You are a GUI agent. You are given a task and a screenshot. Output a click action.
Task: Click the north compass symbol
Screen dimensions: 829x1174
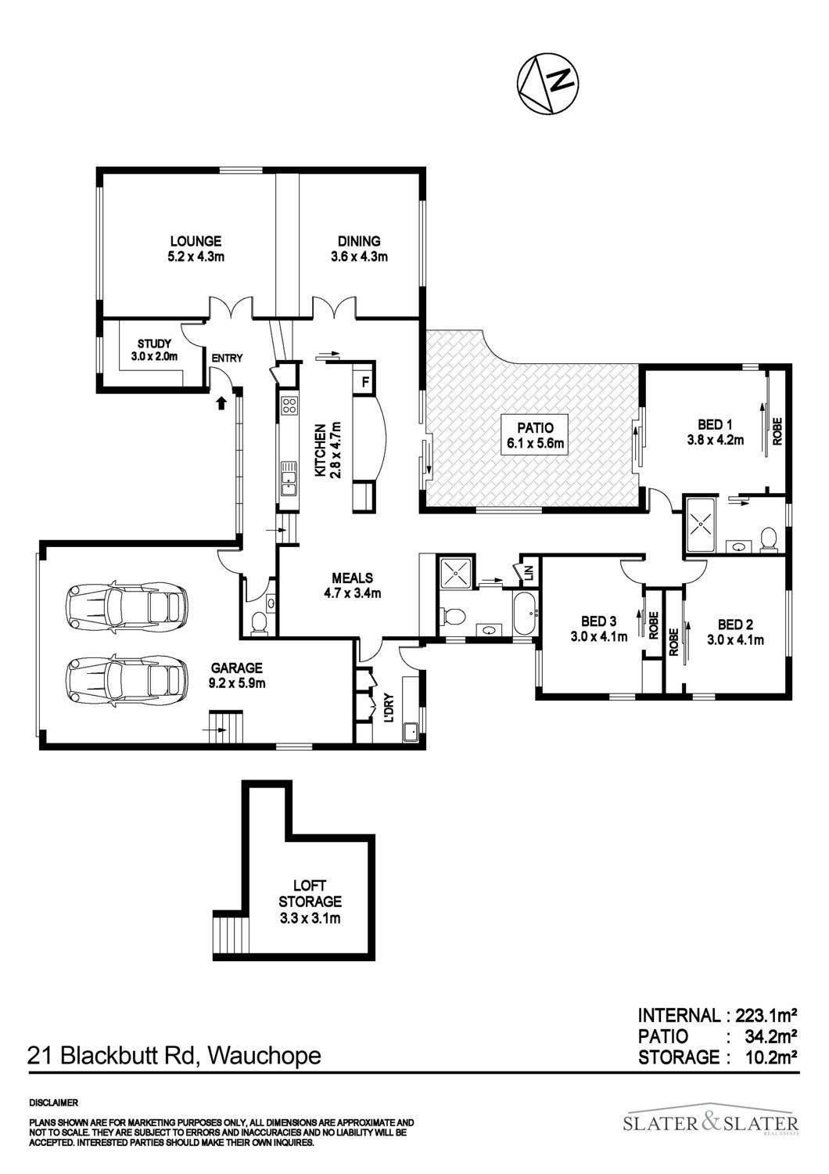pyautogui.click(x=547, y=83)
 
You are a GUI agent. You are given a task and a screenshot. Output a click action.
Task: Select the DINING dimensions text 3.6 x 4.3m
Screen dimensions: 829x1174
pyautogui.click(x=359, y=257)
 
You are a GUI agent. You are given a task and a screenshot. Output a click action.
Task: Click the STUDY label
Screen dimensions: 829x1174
pyautogui.click(x=155, y=344)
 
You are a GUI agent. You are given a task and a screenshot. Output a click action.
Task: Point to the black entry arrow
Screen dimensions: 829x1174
pyautogui.click(x=221, y=402)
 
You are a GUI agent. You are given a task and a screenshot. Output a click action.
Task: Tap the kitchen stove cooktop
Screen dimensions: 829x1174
pyautogui.click(x=289, y=405)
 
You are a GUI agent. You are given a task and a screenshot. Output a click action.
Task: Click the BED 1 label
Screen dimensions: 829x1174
pyautogui.click(x=714, y=424)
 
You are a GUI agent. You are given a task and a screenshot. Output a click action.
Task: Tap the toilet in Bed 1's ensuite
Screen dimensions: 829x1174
pyautogui.click(x=769, y=540)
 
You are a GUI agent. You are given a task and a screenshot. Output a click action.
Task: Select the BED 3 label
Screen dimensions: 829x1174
pyautogui.click(x=598, y=621)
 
